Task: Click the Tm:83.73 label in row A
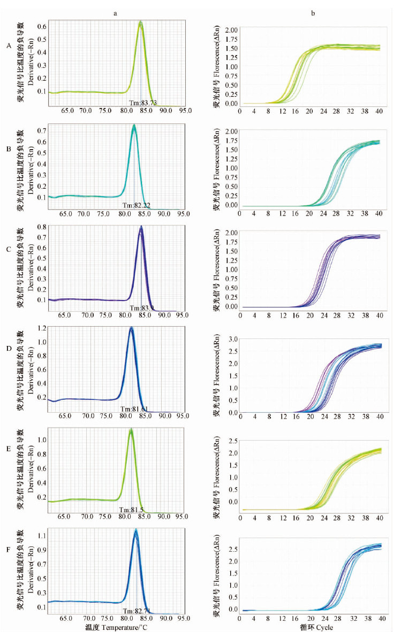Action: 141,103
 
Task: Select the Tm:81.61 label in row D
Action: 134,409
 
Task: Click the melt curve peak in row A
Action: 140,22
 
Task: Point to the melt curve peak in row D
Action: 131,328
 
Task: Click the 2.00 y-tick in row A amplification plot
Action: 231,29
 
